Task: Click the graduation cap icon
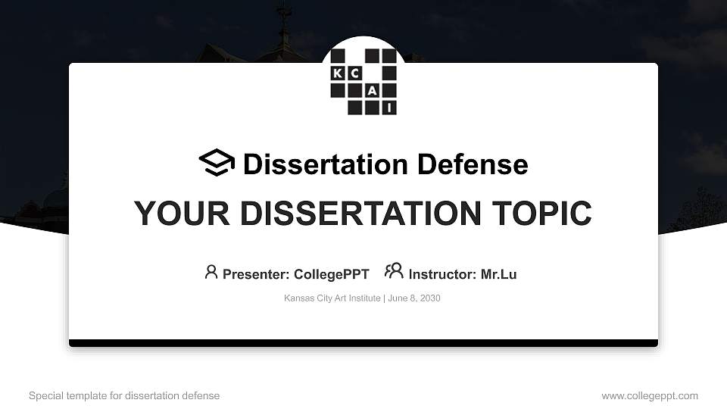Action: click(x=217, y=162)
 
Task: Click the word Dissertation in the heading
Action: click(x=326, y=164)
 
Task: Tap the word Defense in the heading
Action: click(x=473, y=164)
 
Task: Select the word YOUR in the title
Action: click(x=182, y=214)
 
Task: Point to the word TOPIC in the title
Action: click(x=541, y=214)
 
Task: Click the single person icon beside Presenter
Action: click(x=211, y=272)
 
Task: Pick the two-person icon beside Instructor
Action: click(x=394, y=270)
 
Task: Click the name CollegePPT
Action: click(x=332, y=274)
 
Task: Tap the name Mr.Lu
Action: click(x=498, y=274)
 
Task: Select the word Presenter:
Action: click(x=256, y=274)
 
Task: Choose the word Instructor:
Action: click(x=442, y=274)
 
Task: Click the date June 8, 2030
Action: click(x=414, y=298)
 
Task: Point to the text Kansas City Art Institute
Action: click(x=332, y=298)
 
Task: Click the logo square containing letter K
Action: click(x=338, y=73)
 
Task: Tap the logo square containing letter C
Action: click(x=355, y=73)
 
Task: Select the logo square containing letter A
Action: click(x=372, y=90)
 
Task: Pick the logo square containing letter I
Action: click(x=389, y=108)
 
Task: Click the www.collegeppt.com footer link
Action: click(x=650, y=396)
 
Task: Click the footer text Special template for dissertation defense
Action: click(x=124, y=395)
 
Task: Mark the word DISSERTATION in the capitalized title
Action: click(x=360, y=214)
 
